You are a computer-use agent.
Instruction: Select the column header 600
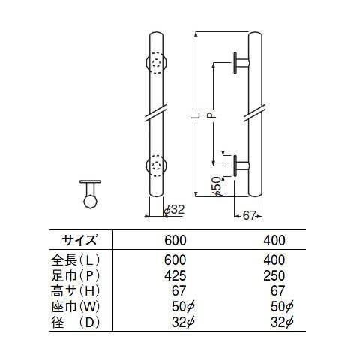coord(174,240)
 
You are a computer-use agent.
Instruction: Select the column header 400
coord(274,240)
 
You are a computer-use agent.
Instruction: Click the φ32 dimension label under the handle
coord(174,209)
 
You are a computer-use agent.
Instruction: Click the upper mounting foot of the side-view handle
coord(240,64)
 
